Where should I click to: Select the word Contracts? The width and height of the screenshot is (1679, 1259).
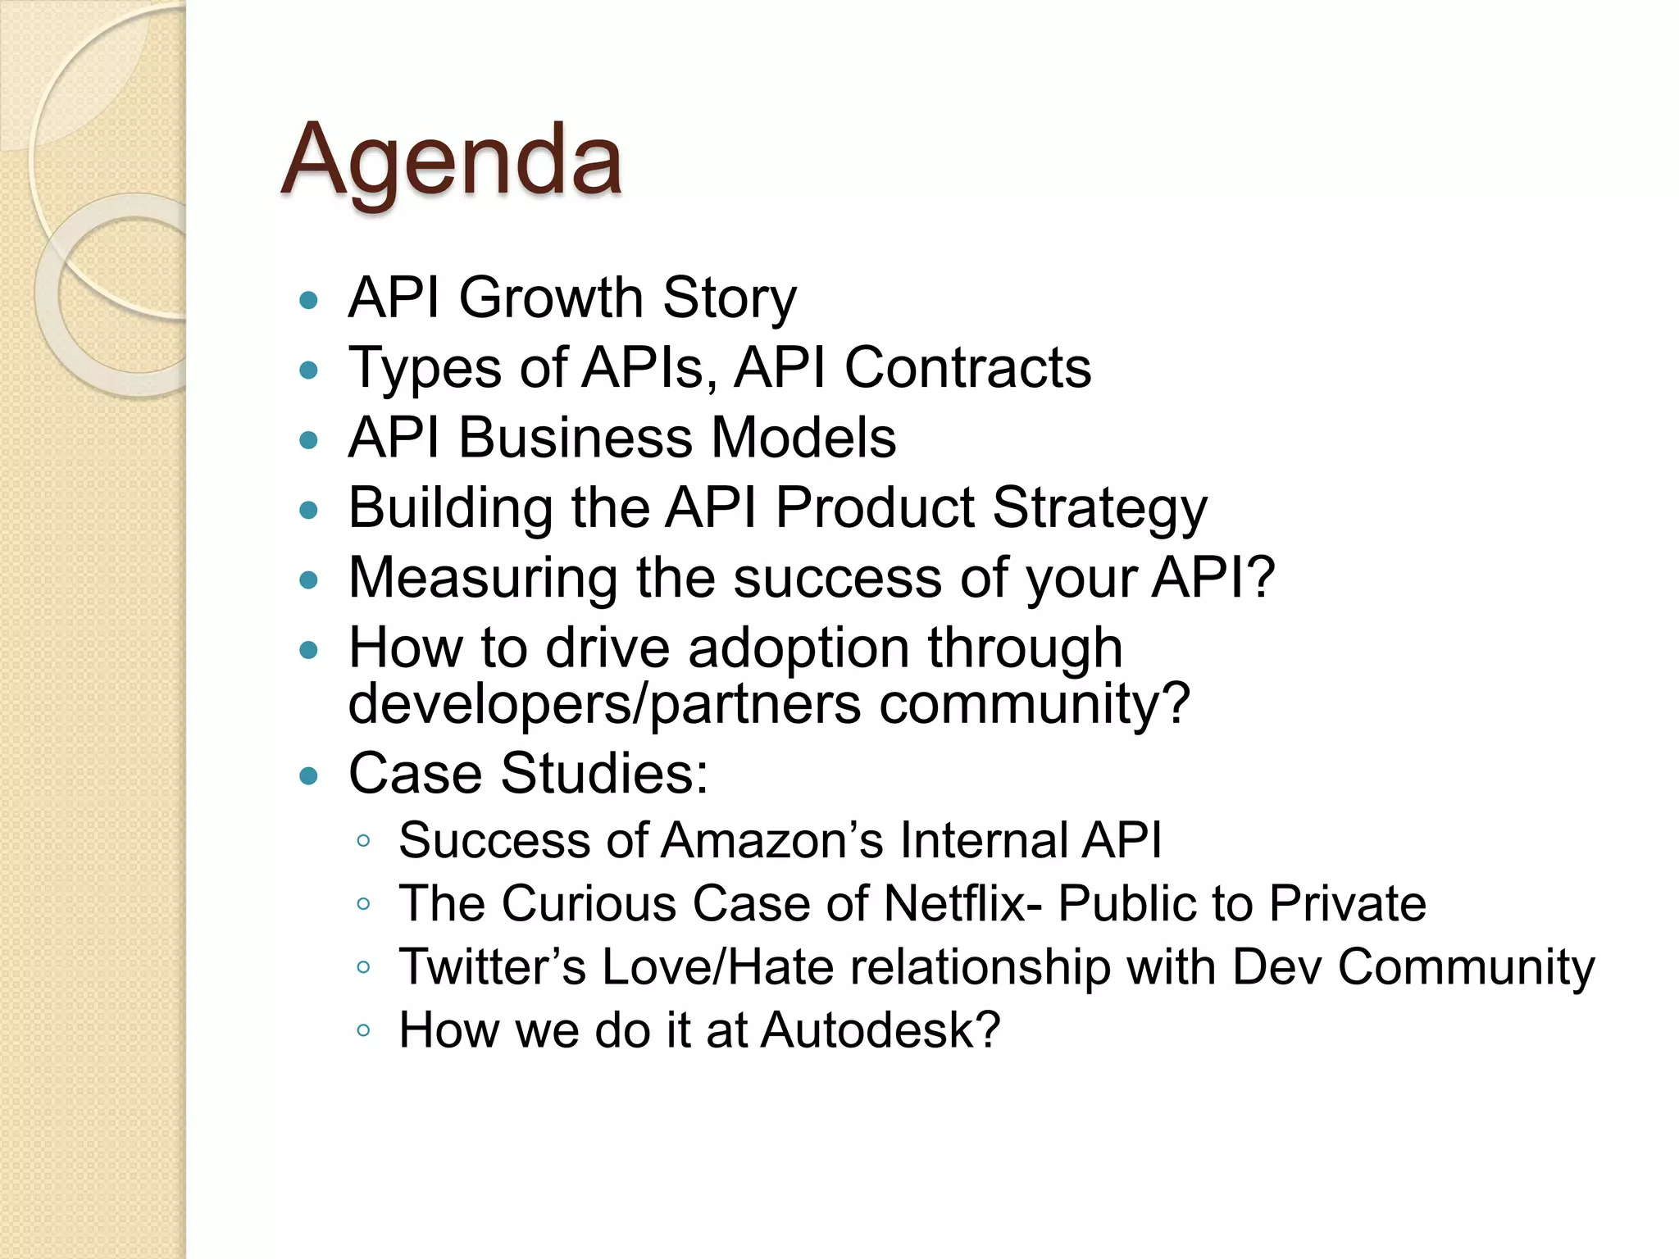(967, 367)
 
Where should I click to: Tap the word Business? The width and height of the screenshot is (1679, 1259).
(576, 438)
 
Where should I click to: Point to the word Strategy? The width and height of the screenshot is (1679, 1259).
(1099, 508)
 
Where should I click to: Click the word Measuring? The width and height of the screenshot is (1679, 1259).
(483, 578)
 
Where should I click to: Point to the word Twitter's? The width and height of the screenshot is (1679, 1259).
(492, 966)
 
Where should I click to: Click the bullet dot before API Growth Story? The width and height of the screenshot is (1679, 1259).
(308, 300)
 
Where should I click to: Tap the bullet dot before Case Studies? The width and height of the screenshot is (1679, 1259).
(308, 776)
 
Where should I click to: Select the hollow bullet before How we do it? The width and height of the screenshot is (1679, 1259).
(364, 1030)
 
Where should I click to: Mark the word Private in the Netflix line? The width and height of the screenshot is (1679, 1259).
(1347, 903)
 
